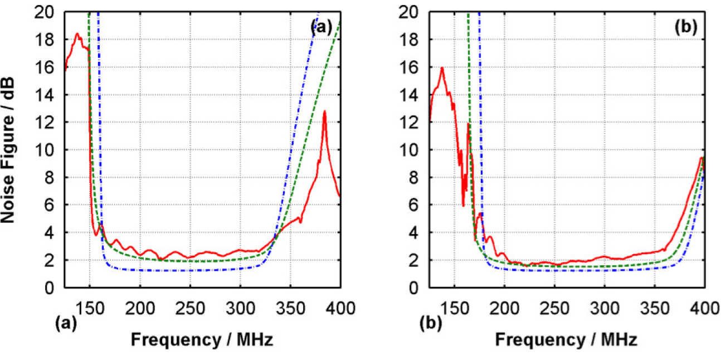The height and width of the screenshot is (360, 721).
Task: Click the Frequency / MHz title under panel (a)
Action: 201,339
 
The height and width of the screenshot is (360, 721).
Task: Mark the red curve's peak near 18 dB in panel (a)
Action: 77,34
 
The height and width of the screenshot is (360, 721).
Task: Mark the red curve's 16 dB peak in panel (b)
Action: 442,68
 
